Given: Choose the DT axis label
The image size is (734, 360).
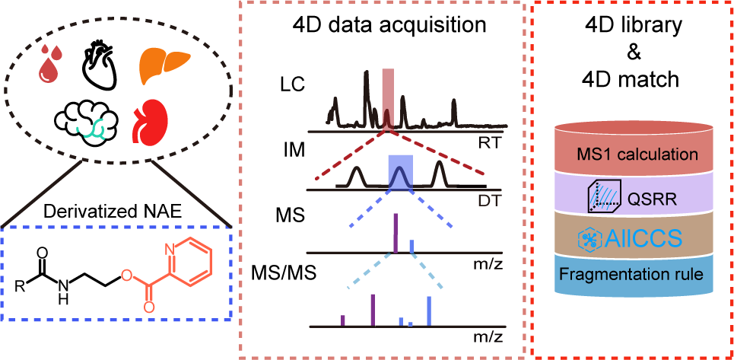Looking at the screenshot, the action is [x=489, y=200].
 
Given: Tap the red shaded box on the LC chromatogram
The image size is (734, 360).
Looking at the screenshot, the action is [x=388, y=99].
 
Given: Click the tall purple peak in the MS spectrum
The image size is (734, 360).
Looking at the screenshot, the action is [x=396, y=233].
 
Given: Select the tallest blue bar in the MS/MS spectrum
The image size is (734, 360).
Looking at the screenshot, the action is [x=429, y=311].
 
